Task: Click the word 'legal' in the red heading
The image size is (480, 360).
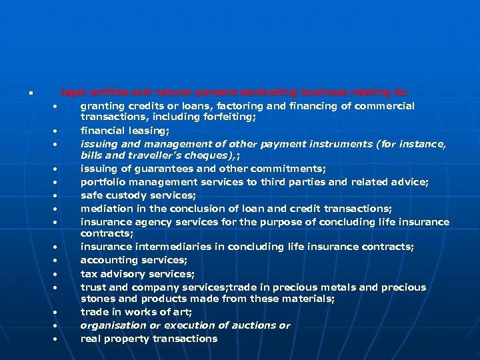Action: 72,93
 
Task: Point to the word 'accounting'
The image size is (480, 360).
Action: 107,260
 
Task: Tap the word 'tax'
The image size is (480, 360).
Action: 89,274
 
